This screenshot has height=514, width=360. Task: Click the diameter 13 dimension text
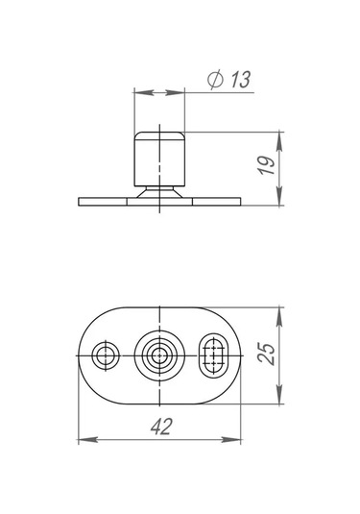pyautogui.click(x=229, y=80)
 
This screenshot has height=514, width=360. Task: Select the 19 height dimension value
pyautogui.click(x=266, y=165)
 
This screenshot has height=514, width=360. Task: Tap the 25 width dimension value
pyautogui.click(x=266, y=354)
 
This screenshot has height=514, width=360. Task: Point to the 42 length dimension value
pyautogui.click(x=161, y=427)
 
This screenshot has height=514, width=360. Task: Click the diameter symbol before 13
pyautogui.click(x=215, y=80)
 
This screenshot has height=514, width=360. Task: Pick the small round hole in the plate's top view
pyautogui.click(x=106, y=355)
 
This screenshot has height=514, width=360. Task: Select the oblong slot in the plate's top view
pyautogui.click(x=214, y=355)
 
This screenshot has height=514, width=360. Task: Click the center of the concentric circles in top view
pyautogui.click(x=159, y=355)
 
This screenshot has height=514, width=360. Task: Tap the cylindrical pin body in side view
pyautogui.click(x=159, y=162)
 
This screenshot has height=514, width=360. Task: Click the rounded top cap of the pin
pyautogui.click(x=159, y=135)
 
